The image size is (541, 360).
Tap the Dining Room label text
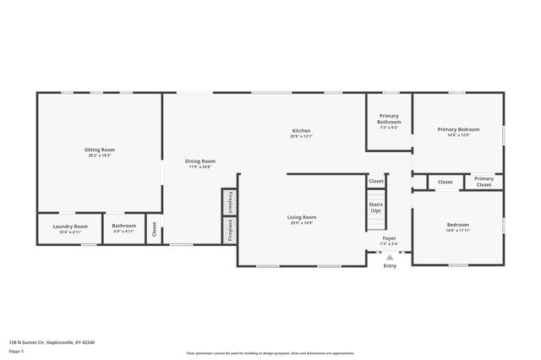coord(200,161)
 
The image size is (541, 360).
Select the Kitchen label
coord(301,130)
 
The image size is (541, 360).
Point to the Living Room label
coord(301,217)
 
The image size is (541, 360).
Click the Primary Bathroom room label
coord(389,118)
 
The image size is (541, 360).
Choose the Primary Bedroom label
coord(458,129)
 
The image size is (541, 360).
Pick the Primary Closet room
coord(484,181)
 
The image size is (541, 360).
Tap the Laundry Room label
coord(70,226)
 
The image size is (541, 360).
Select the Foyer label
coord(389,238)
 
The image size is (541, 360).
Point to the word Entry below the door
coord(389,266)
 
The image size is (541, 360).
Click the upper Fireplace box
coord(227,203)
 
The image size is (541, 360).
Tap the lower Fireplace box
coord(227,230)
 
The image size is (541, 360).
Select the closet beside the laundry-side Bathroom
coord(154,228)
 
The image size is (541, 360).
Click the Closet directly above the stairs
coord(376,181)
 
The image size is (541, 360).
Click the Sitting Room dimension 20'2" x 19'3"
coord(99,155)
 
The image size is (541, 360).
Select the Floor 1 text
coord(16,351)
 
